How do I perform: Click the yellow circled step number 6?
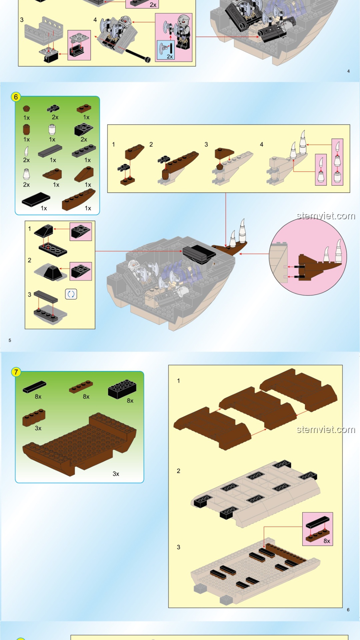click(16, 97)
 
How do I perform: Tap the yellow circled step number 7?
click(16, 372)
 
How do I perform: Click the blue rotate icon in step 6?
click(71, 294)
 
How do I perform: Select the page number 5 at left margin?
click(10, 340)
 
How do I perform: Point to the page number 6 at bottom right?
click(348, 610)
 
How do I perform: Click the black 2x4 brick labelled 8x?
click(122, 389)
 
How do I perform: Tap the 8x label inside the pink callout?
click(327, 541)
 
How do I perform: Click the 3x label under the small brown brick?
click(38, 428)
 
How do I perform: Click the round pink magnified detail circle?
click(308, 257)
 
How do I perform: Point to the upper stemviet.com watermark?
click(326, 216)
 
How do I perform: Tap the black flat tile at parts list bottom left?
click(36, 199)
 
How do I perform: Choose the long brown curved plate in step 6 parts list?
click(79, 199)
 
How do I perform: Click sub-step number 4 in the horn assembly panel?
click(262, 144)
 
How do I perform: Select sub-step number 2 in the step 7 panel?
click(178, 471)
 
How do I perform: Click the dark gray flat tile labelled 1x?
click(50, 151)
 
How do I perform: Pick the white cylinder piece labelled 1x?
click(52, 129)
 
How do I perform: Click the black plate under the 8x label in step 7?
click(34, 387)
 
